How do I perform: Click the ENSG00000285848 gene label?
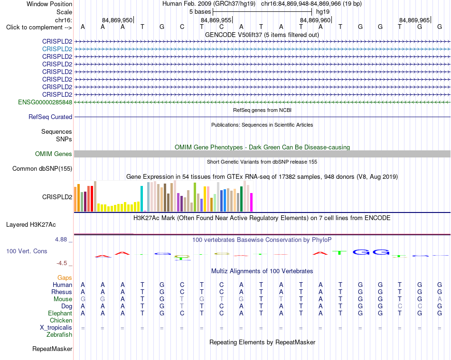coord(45,102)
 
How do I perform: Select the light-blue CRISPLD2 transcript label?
coord(57,49)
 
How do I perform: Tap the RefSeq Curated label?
coord(50,117)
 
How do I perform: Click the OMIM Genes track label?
coord(53,154)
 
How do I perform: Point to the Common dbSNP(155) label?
coord(42,169)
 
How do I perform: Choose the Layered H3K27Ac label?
coord(31,225)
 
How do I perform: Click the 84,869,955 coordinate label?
coord(216,20)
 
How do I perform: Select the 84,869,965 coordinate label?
coord(414,20)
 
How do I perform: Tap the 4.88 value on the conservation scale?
coord(61,240)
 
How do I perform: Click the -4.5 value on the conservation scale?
coord(62,263)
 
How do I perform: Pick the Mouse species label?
coord(63,299)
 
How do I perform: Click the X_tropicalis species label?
coord(56,328)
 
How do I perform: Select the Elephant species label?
coord(60,314)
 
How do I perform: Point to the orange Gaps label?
coord(65,278)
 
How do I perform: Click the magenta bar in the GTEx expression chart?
coord(252,202)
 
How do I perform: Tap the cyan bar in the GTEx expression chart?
coord(142,199)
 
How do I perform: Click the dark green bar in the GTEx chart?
coord(242,199)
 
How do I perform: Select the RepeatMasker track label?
coord(52,349)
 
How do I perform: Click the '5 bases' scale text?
coord(200,12)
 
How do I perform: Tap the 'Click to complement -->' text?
coord(39,28)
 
